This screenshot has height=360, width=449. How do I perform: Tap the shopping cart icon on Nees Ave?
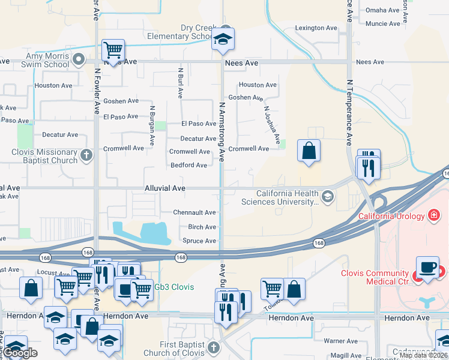[113, 50]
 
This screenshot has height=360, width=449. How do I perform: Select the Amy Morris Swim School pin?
[79, 59]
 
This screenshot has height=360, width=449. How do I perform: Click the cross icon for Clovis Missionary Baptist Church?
[86, 156]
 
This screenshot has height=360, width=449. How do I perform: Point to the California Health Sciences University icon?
[328, 197]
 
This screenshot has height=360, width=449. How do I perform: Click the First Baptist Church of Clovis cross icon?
[213, 348]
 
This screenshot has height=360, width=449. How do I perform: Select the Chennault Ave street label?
[194, 212]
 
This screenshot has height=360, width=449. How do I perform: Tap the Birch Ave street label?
[202, 227]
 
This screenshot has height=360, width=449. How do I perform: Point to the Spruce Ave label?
[199, 241]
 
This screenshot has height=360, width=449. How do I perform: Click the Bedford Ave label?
[188, 165]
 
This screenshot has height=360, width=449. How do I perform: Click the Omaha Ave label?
[383, 10]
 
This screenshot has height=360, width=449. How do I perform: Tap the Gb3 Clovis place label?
[173, 287]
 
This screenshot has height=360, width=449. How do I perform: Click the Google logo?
[20, 353]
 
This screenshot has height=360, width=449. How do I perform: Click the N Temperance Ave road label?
[349, 113]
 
